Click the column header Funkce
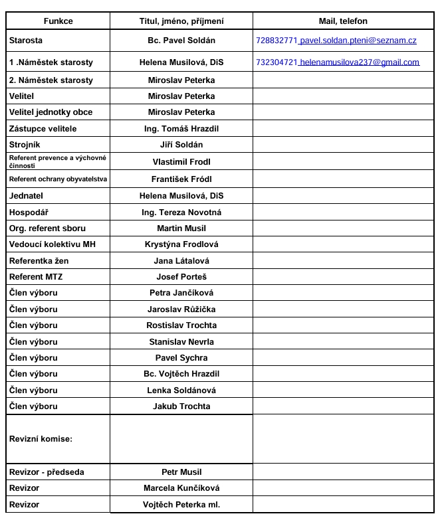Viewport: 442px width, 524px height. pyautogui.click(x=58, y=21)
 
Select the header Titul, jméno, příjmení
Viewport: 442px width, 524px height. pyautogui.click(x=181, y=21)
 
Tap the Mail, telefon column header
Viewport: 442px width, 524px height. pyautogui.click(x=343, y=21)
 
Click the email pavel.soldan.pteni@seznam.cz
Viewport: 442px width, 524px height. pyautogui.click(x=359, y=41)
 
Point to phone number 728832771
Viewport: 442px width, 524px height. pyautogui.click(x=277, y=41)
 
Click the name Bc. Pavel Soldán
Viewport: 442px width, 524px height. pyautogui.click(x=181, y=41)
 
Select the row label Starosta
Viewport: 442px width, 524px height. pyautogui.click(x=26, y=41)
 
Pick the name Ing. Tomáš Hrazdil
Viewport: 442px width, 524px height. pyautogui.click(x=181, y=128)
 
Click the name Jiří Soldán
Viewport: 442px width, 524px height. pyautogui.click(x=181, y=144)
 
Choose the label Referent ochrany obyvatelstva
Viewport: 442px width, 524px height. pyautogui.click(x=58, y=179)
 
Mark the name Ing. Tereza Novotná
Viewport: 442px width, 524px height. pyautogui.click(x=181, y=213)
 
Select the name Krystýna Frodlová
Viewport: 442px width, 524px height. pyautogui.click(x=181, y=244)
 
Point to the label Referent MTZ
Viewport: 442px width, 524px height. pyautogui.click(x=36, y=276)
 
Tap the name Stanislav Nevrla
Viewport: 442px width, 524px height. pyautogui.click(x=181, y=341)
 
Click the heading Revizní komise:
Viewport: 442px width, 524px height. pyautogui.click(x=41, y=439)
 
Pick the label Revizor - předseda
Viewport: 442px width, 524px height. pyautogui.click(x=47, y=472)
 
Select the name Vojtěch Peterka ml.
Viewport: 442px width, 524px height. pyautogui.click(x=181, y=505)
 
